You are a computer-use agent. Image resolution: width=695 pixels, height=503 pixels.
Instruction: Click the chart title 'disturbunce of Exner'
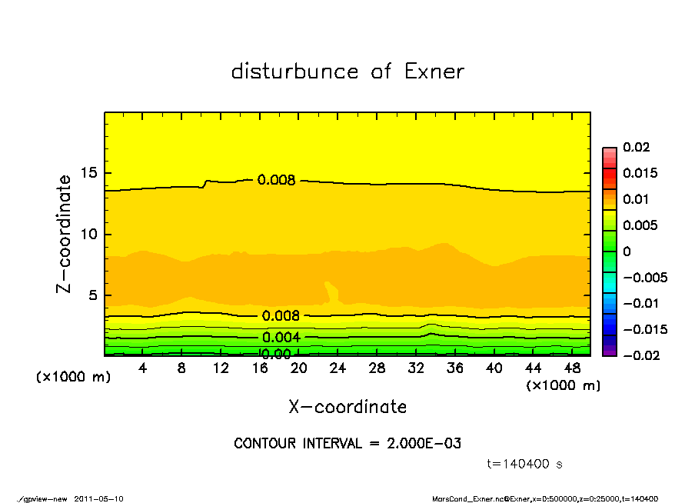tap(347, 72)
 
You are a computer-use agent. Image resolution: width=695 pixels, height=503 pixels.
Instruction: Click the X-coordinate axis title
tap(347, 407)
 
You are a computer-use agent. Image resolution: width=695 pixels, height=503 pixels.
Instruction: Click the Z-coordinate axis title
tap(65, 234)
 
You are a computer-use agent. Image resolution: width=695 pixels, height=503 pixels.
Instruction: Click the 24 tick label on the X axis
tap(338, 368)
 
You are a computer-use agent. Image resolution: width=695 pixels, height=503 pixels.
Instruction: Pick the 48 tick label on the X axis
tap(572, 368)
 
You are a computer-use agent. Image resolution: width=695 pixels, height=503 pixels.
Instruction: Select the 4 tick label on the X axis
tap(143, 368)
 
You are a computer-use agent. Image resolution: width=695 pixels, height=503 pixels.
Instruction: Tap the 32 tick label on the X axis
tap(416, 368)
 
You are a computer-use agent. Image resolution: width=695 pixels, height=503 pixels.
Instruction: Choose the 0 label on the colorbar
tap(627, 251)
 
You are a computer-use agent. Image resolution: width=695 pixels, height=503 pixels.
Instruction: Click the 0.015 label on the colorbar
tap(640, 173)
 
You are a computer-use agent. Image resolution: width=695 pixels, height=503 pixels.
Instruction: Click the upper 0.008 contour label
tap(277, 180)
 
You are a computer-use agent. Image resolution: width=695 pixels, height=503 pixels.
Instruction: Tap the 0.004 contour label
tap(281, 338)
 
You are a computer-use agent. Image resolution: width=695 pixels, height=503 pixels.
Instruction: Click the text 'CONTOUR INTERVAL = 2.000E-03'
tap(347, 444)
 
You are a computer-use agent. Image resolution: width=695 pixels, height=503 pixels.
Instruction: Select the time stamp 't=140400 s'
tap(526, 464)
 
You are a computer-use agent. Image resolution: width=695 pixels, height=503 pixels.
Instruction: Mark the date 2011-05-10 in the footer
tap(98, 498)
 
